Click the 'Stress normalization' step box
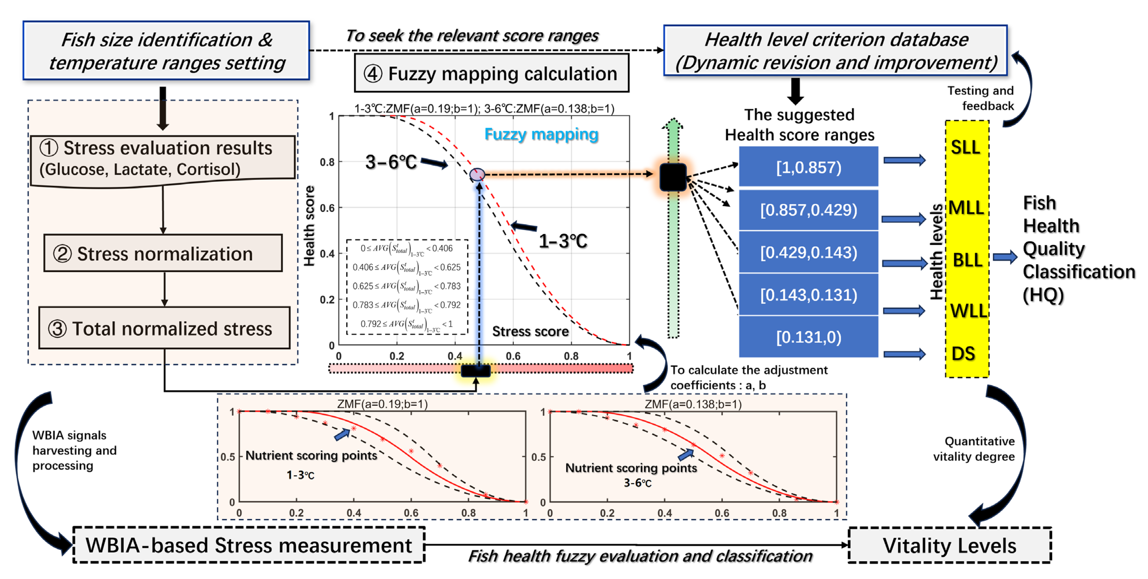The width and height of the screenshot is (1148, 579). pos(163,253)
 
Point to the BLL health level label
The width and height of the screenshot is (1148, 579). pos(967,260)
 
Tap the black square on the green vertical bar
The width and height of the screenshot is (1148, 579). pos(673,177)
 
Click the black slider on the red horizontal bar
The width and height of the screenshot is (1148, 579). pos(476,370)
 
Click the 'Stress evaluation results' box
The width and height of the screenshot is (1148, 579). pos(163,158)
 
